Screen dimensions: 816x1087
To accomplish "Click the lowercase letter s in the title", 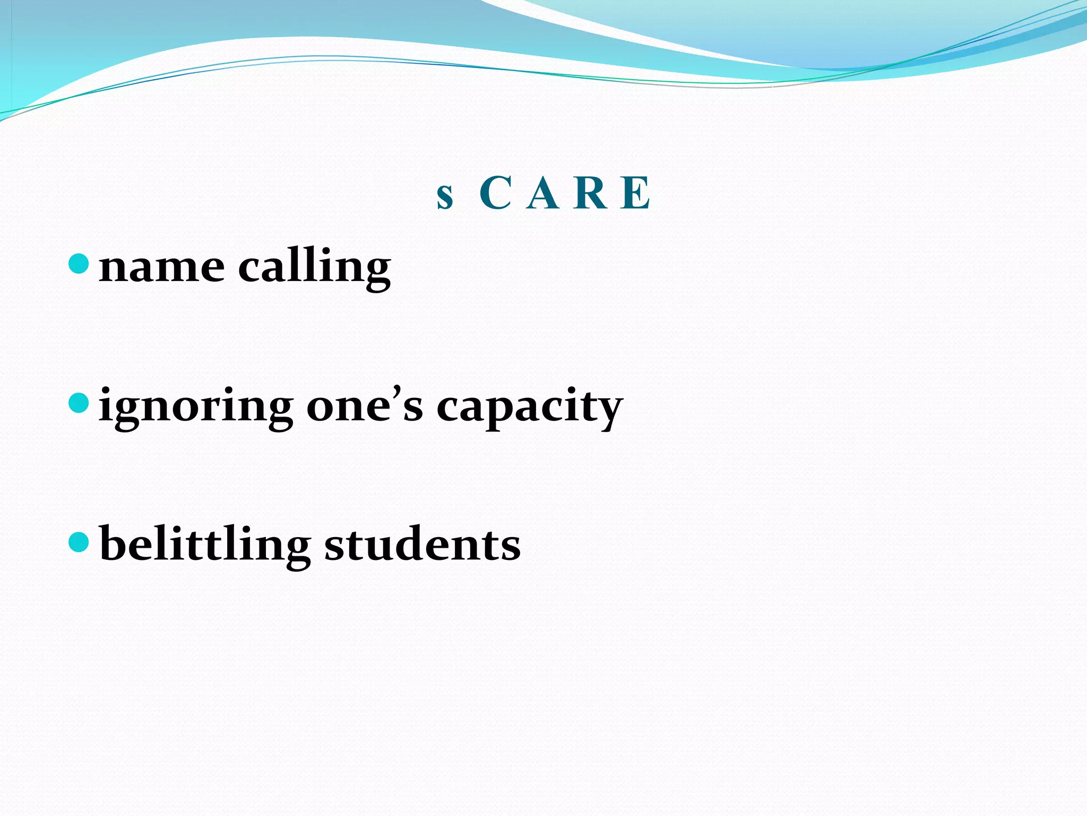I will (x=445, y=197).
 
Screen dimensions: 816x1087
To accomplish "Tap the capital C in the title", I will (x=495, y=193).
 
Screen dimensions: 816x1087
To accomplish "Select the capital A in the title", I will (x=543, y=193).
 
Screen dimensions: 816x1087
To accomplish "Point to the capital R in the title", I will (x=591, y=193).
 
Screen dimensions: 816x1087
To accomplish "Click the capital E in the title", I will (x=636, y=193).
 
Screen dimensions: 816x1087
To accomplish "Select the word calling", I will (x=314, y=267).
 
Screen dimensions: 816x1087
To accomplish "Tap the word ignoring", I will (x=196, y=408).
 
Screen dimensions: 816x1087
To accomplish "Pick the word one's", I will (x=365, y=406).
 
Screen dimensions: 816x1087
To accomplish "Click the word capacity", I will (x=530, y=408).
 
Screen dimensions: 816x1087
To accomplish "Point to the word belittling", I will (x=205, y=545).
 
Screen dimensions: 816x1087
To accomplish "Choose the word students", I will (x=422, y=545).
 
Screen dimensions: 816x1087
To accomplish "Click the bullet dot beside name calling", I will (x=79, y=263).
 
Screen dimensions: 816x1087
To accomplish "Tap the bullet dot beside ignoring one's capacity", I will (x=79, y=403).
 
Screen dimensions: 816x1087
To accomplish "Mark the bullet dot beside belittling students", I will (x=79, y=542).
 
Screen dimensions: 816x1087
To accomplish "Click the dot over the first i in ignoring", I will (x=107, y=389).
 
